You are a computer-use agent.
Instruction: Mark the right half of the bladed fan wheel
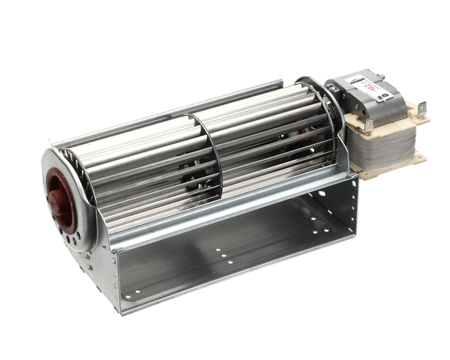click(270, 142)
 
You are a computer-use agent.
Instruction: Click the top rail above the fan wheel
click(165, 116)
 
